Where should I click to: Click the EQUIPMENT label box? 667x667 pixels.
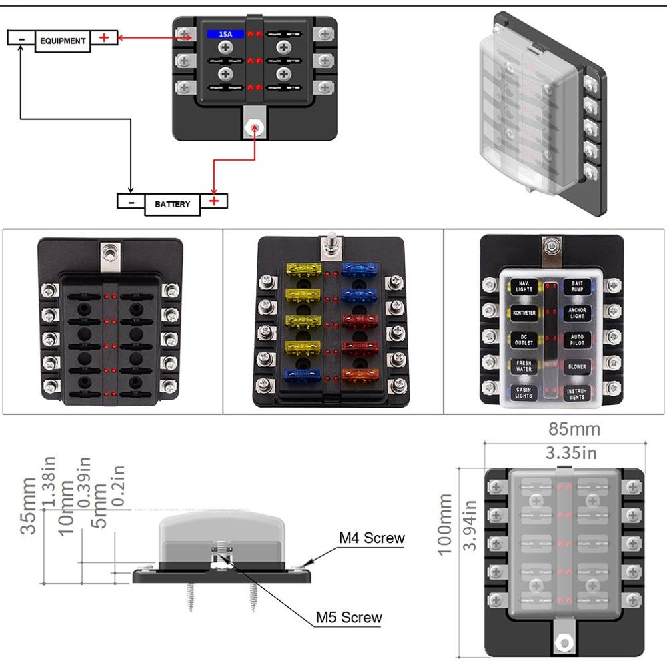click(63, 41)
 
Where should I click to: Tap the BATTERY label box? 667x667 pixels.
click(172, 204)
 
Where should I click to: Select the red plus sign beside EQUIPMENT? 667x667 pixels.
click(104, 37)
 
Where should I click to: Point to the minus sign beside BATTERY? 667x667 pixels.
click(131, 200)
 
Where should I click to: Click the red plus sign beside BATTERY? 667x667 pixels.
click(214, 200)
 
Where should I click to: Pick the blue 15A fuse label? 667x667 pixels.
click(220, 33)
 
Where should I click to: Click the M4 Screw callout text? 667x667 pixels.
click(372, 538)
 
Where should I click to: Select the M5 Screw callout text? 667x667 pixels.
click(350, 617)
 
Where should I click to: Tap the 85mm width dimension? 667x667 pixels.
click(574, 429)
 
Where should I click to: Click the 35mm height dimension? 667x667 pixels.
click(29, 506)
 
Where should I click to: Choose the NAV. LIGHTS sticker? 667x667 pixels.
click(523, 287)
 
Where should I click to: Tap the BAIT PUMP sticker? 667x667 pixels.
click(576, 287)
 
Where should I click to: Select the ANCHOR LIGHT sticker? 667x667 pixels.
click(576, 313)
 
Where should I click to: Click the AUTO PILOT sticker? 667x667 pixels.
click(576, 340)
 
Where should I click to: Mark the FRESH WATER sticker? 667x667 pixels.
click(523, 366)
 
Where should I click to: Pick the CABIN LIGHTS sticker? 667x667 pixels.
click(523, 392)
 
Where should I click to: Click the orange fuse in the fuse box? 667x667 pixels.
click(360, 375)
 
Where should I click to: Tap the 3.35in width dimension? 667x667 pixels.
click(572, 453)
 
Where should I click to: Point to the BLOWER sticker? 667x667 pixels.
click(576, 366)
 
